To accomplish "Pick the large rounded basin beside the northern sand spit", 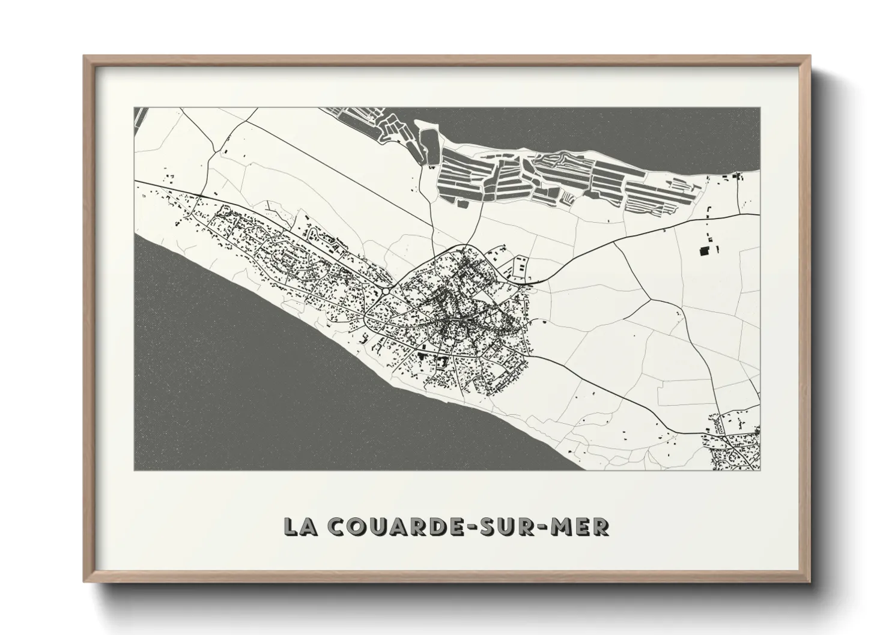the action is coord(429,143).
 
